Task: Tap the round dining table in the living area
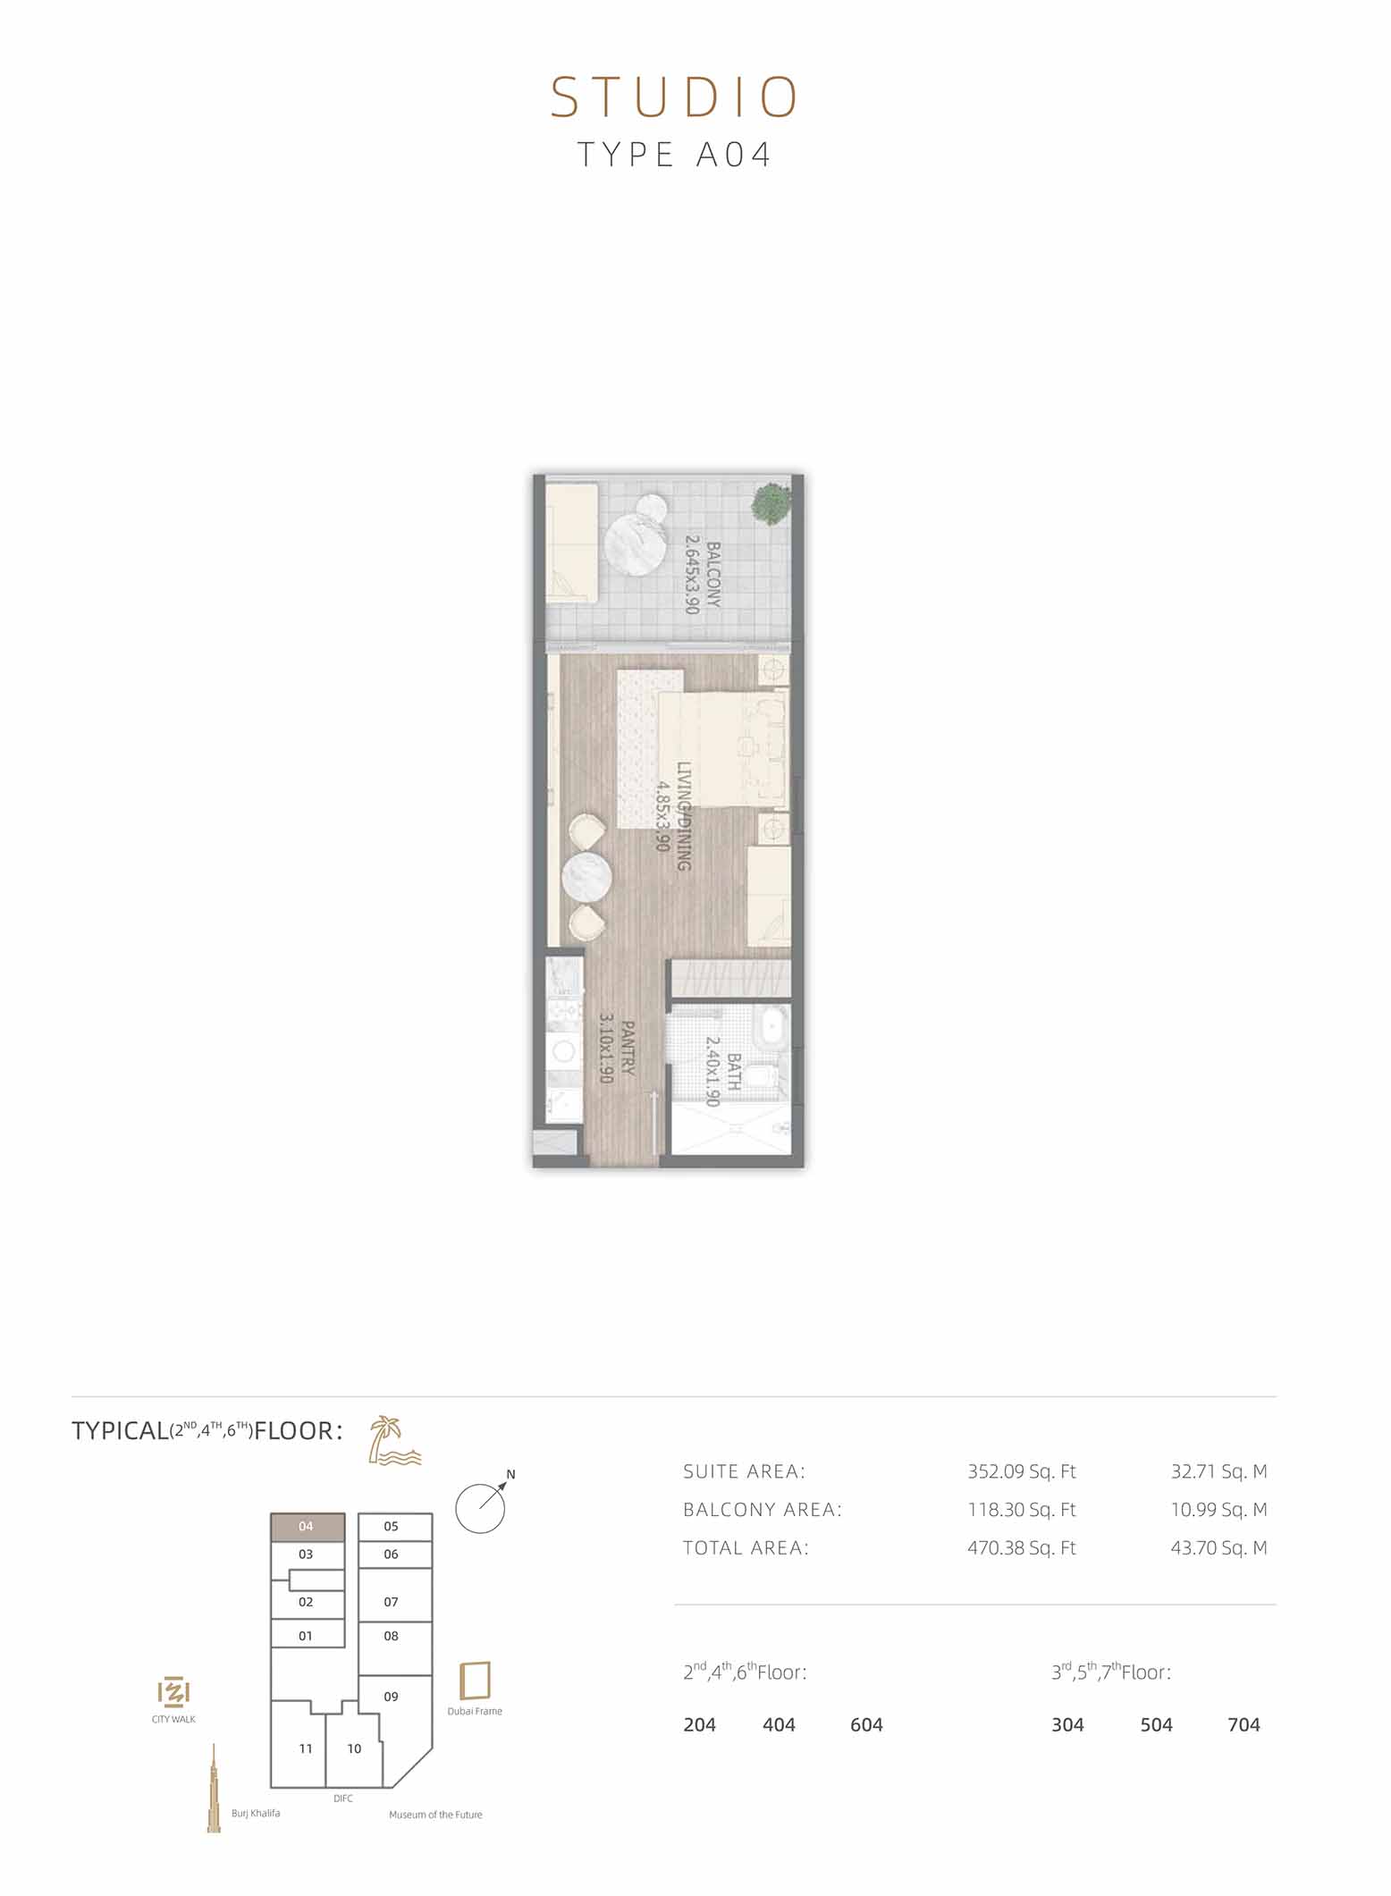point(586,877)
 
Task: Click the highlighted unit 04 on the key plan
point(308,1527)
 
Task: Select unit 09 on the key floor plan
point(391,1697)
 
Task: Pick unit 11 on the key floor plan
point(306,1749)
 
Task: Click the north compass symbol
point(483,1504)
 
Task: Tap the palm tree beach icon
point(394,1440)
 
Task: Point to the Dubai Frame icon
point(475,1681)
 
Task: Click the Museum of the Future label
point(435,1815)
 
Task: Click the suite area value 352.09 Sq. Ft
point(1022,1471)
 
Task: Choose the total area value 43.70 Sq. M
point(1219,1548)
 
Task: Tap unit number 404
point(779,1725)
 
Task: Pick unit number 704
point(1243,1725)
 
